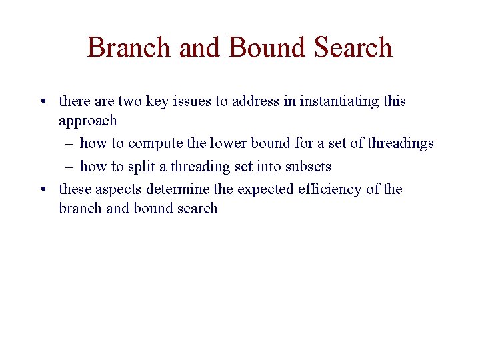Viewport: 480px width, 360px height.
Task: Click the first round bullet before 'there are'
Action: pyautogui.click(x=42, y=102)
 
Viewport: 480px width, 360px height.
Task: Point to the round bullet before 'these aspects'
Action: pyautogui.click(x=42, y=190)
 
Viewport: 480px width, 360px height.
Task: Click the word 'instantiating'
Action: pyautogui.click(x=340, y=102)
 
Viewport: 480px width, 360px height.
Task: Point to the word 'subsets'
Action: pyautogui.click(x=307, y=167)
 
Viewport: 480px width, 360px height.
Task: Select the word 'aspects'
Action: pyautogui.click(x=114, y=190)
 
